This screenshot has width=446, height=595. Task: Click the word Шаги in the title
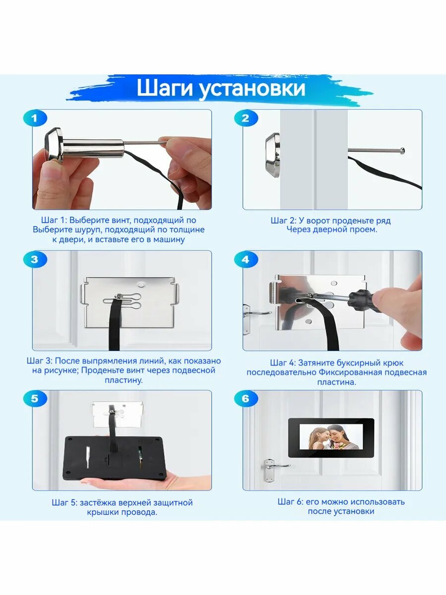(165, 88)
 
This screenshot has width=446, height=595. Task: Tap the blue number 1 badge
(35, 118)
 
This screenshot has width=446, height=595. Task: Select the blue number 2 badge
(246, 118)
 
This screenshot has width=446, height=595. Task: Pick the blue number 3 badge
(35, 259)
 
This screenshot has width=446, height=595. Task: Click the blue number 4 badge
(246, 259)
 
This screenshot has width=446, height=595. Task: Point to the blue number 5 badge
(35, 399)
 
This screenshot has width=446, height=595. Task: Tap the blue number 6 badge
(246, 399)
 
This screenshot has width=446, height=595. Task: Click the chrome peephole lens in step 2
(273, 155)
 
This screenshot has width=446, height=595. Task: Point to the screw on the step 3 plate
(118, 297)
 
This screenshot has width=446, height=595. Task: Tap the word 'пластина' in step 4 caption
(336, 382)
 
